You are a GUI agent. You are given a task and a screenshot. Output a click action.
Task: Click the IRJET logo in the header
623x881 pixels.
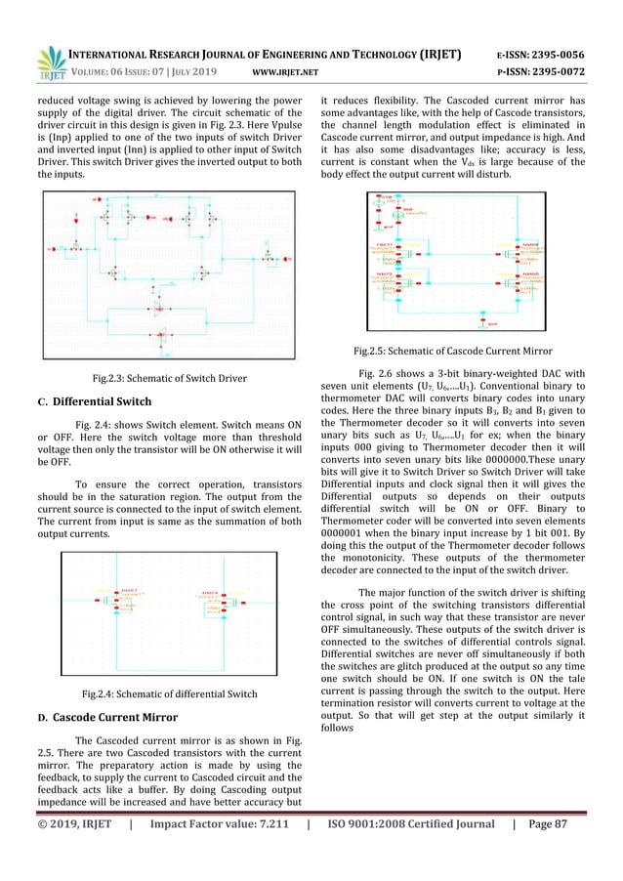click(x=47, y=61)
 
